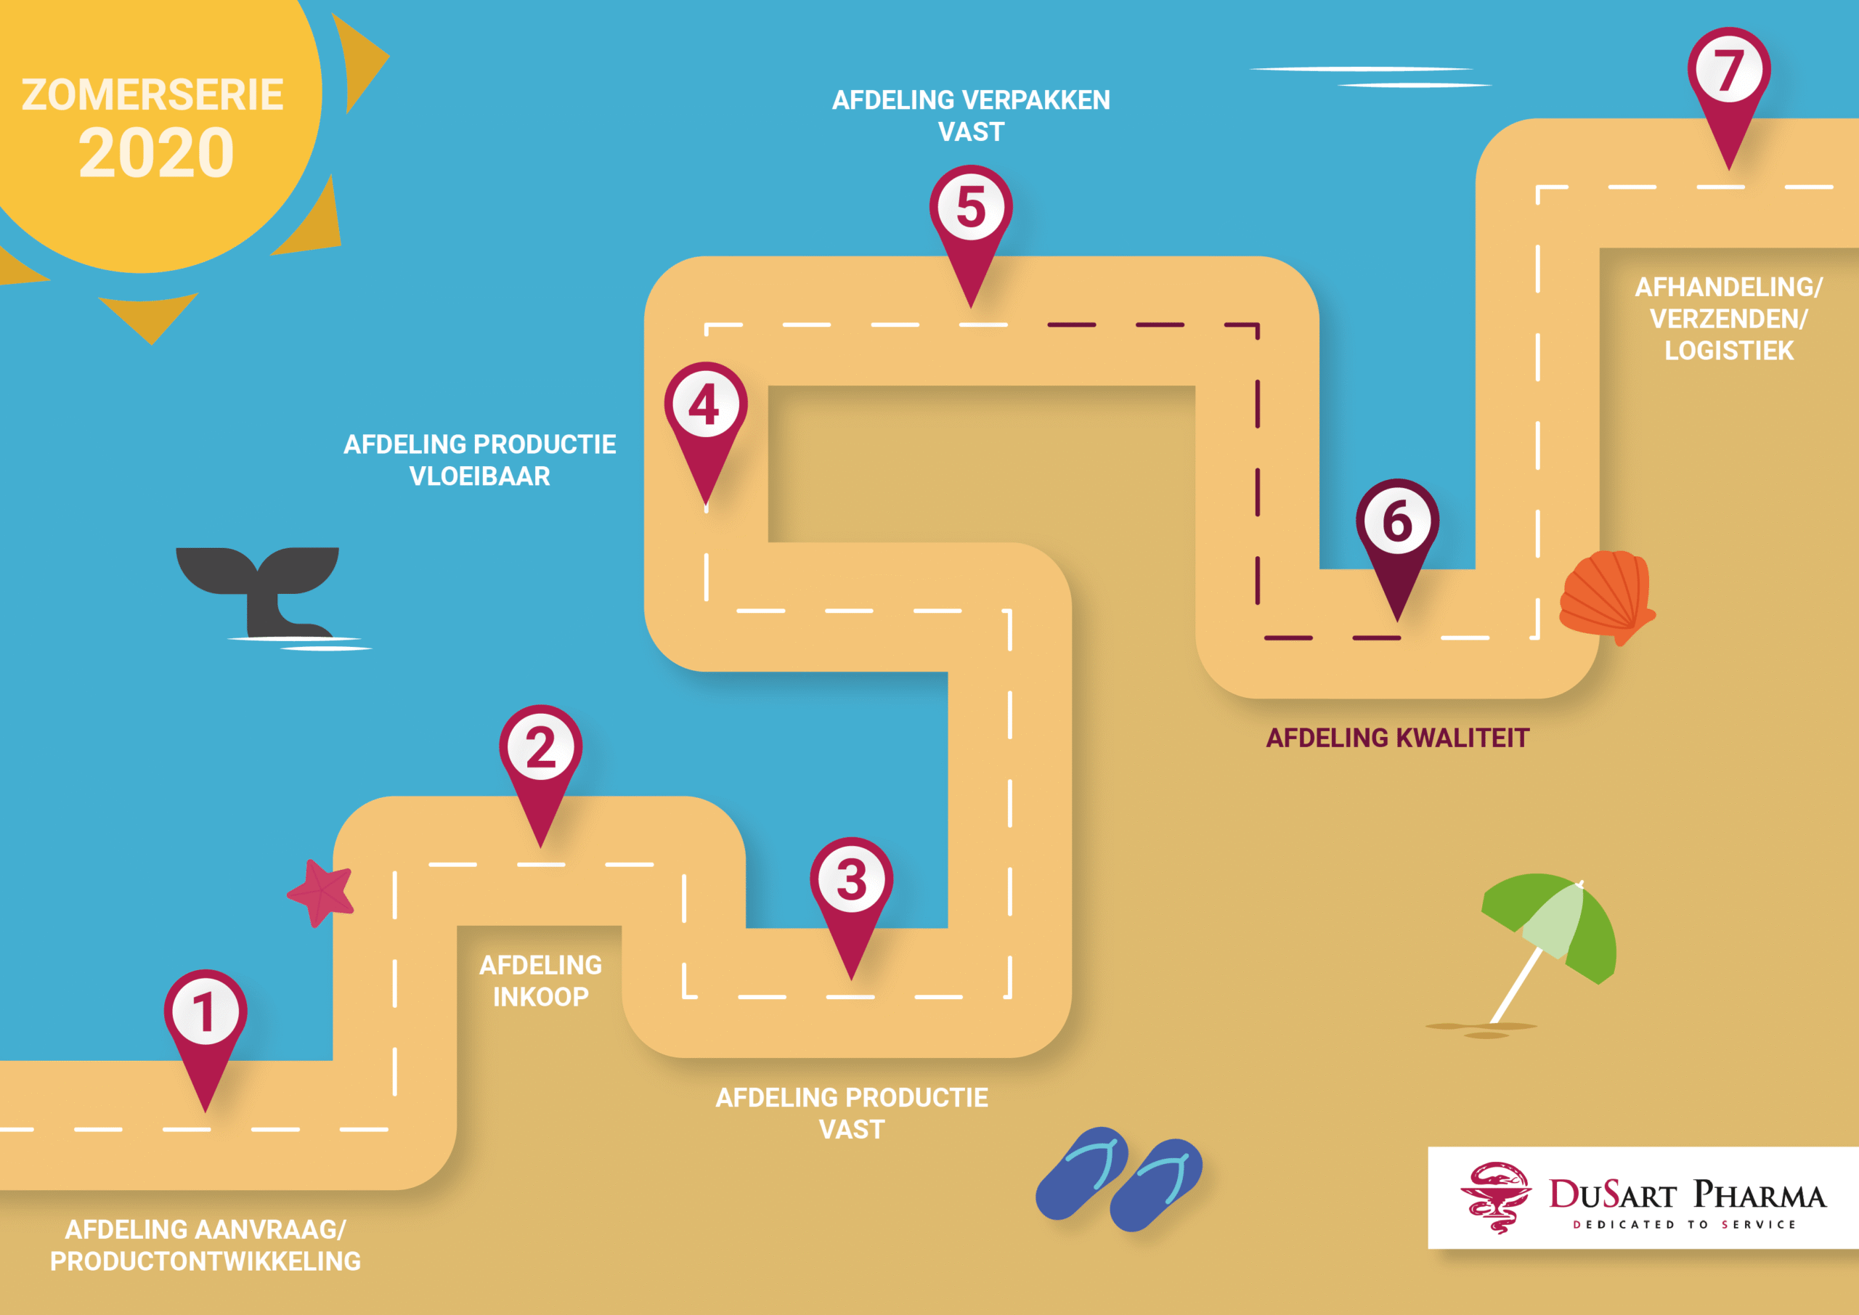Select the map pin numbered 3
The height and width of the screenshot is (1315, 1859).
tap(851, 883)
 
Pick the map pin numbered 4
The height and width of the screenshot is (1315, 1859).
tap(705, 407)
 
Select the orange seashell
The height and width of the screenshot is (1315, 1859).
tap(1606, 593)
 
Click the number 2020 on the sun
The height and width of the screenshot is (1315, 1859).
tap(156, 153)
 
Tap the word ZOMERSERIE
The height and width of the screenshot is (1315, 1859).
tap(152, 94)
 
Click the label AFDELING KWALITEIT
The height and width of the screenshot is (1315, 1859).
tap(1397, 738)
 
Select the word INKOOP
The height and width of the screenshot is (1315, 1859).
tap(541, 997)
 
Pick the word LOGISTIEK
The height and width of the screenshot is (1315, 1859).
tap(1728, 351)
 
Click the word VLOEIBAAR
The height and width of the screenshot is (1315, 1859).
tap(479, 476)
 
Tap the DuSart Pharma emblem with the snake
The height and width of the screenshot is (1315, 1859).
tap(1495, 1197)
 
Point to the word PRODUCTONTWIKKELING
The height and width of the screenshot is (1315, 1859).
tap(206, 1261)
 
